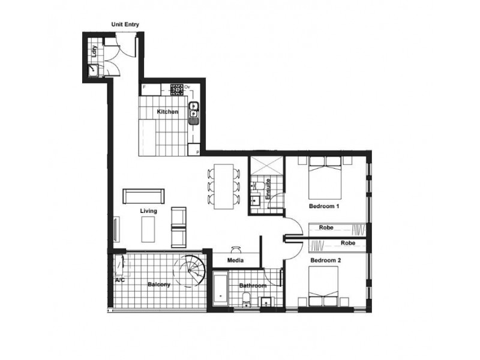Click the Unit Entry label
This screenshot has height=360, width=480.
[125, 25]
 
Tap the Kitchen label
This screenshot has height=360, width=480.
[167, 112]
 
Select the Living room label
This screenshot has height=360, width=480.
[149, 211]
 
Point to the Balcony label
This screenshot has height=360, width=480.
[159, 284]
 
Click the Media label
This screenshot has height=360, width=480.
[235, 261]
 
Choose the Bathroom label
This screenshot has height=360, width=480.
[252, 286]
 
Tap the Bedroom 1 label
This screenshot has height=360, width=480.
[325, 206]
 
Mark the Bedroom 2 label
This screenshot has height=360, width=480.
[325, 261]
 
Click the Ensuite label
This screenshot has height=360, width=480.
[268, 188]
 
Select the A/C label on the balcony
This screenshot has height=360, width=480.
[119, 280]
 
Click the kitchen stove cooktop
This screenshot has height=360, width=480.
[176, 89]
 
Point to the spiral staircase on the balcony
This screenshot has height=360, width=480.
[190, 269]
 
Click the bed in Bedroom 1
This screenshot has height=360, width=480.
[325, 177]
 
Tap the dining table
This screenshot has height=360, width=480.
[223, 186]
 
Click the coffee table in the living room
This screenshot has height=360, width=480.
[149, 229]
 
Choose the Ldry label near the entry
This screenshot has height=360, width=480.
[95, 52]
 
